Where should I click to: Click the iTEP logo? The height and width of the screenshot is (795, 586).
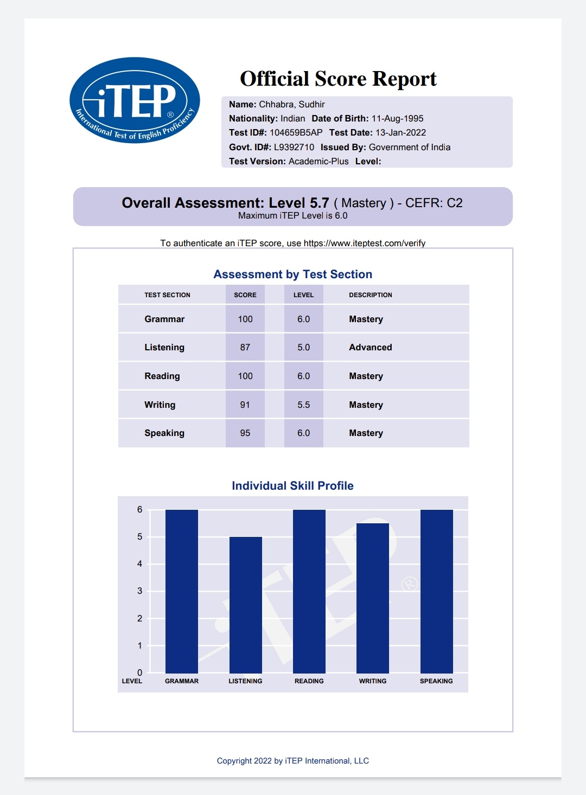pos(135,100)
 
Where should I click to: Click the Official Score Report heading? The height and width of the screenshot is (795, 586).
pos(338,79)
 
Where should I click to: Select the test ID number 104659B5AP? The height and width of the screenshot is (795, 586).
pos(296,133)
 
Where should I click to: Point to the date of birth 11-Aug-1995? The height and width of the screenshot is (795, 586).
pos(397,119)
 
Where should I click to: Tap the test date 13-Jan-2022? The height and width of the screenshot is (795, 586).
pos(400,133)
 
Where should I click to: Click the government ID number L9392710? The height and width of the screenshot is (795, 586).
pos(294,148)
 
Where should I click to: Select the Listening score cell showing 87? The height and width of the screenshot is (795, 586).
pos(245,348)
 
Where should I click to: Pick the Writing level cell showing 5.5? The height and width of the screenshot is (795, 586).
pos(303,405)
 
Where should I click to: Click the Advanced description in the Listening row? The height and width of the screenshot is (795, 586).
pos(370,348)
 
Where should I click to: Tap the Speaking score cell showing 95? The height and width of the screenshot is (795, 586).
pos(245,433)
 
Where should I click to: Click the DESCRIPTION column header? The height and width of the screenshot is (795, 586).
pos(370,295)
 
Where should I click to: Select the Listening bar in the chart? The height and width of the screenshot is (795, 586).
pos(245,605)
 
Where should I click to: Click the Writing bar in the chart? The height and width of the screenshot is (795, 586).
pos(373,598)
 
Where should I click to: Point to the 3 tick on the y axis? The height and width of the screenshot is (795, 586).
pos(139,591)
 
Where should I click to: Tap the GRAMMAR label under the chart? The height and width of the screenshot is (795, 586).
pos(182,681)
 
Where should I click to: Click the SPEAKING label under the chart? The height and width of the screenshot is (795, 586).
pos(436,681)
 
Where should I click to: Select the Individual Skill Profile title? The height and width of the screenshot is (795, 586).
pos(292,486)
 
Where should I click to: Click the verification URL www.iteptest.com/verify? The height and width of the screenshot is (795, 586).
pos(364,243)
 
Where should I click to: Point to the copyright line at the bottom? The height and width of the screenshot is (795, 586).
pos(292,761)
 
